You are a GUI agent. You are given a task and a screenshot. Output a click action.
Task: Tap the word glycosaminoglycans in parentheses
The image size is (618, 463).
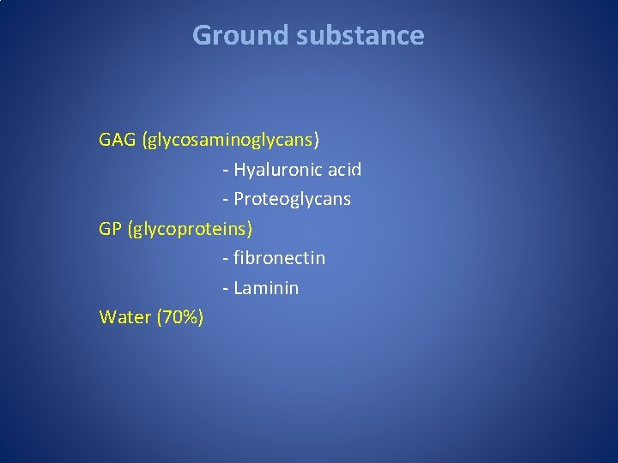[x=230, y=140]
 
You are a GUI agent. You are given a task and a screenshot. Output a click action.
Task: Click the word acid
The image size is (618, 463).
[x=344, y=170]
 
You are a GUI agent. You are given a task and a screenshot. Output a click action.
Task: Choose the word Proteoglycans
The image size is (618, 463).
[x=292, y=200]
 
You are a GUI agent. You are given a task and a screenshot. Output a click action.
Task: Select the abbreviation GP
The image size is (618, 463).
[x=111, y=229]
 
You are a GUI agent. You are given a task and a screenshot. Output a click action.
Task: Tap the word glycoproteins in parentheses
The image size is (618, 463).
[x=190, y=230]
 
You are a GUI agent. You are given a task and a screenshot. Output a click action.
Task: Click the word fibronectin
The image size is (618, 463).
[x=279, y=257]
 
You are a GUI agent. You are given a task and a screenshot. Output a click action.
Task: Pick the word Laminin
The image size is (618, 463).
[x=266, y=288]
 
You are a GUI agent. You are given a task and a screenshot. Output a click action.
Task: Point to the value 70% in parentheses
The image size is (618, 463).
[x=179, y=317]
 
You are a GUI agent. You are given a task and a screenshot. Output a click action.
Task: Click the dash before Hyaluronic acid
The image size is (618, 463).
[x=225, y=171]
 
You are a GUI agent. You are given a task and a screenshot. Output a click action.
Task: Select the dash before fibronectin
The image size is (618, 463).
[x=225, y=258]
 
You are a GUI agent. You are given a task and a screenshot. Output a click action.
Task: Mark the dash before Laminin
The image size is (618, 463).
[x=225, y=289]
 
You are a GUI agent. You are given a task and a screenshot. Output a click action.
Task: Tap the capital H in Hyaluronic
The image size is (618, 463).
[x=239, y=170]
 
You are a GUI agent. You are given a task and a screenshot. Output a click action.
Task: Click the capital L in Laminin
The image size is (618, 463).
[x=238, y=288]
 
